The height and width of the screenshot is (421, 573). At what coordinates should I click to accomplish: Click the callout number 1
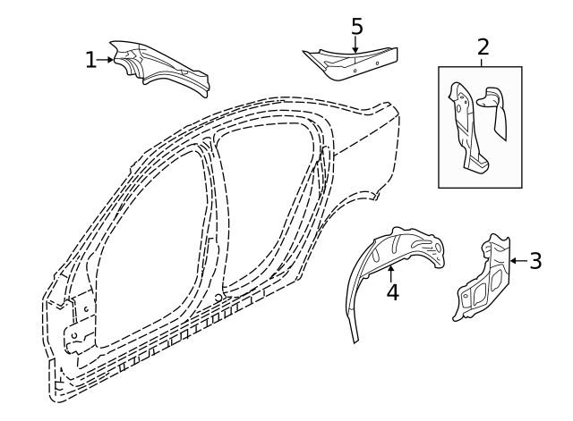click(90, 60)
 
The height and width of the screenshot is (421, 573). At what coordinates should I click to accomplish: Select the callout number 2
click(483, 46)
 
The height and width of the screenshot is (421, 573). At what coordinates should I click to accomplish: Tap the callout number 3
click(535, 261)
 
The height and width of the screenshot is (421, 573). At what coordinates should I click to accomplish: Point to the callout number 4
click(392, 292)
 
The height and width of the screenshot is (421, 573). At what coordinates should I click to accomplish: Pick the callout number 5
click(356, 26)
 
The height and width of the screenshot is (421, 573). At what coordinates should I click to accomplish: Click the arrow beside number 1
click(107, 60)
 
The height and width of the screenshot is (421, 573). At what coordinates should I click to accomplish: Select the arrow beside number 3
click(517, 261)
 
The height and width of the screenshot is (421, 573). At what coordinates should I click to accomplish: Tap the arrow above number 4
click(391, 274)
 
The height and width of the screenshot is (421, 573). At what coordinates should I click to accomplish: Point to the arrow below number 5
click(355, 45)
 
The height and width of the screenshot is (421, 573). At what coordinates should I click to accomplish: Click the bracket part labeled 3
click(483, 277)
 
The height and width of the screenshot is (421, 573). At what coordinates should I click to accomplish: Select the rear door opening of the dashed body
click(264, 206)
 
